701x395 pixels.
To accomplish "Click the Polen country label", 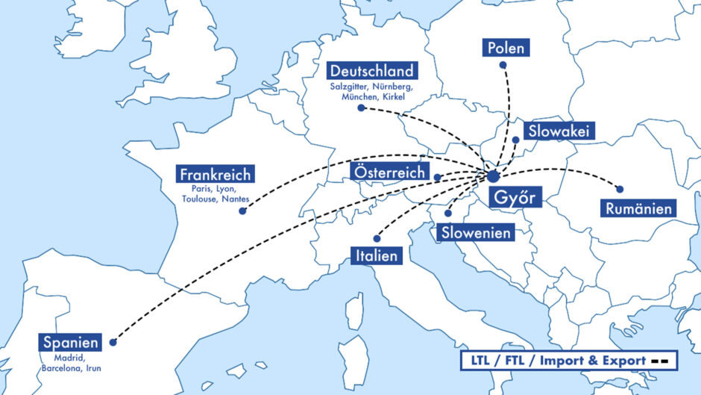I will coord(506,49).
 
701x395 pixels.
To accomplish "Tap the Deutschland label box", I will coord(371,71).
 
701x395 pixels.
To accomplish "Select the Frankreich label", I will coord(216,174).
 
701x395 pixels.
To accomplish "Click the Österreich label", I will coord(389,172).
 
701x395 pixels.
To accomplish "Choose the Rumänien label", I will coord(639,208).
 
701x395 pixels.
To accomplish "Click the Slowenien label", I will coord(476,232).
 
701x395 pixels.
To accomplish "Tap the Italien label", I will coord(376,256).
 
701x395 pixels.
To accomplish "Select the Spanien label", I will coord(71,343).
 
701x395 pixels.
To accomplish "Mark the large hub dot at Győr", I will coord(493,176).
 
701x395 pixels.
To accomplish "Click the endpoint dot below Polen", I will coord(503,65).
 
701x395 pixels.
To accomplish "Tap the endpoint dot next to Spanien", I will coord(113,343).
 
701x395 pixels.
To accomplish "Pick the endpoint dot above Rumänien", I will coord(619,189).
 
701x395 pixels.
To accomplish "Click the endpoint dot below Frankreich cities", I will coord(242,211).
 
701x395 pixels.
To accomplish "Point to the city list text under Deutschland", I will coord(371,92).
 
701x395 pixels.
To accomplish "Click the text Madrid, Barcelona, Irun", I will coord(71,363).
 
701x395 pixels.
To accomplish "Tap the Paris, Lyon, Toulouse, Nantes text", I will coord(216,194).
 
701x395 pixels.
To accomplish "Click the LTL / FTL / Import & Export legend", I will coord(568,361).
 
